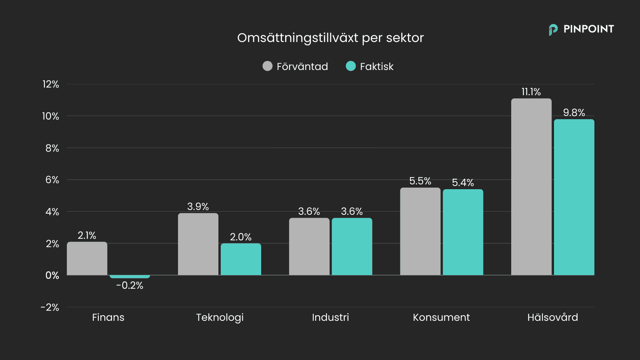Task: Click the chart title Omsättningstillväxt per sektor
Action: point(330,38)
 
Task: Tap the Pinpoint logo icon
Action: point(553,30)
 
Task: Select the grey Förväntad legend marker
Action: point(267,66)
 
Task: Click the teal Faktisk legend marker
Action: point(351,66)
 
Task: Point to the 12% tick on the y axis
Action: point(51,84)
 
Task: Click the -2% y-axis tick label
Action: point(50,308)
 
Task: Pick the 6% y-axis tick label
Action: point(52,180)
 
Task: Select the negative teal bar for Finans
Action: point(130,276)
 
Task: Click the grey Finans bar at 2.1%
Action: point(87,258)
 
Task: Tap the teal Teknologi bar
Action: point(241,259)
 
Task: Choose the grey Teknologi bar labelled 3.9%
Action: point(198,244)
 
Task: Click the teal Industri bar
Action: point(352,246)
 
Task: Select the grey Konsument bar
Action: point(420,231)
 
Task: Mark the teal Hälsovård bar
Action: point(574,197)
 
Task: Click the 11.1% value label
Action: point(531,92)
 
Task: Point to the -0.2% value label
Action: point(130,286)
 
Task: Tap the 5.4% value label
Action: point(463,183)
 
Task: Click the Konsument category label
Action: point(441,318)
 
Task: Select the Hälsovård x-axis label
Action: point(552,318)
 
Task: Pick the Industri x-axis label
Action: point(330,318)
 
